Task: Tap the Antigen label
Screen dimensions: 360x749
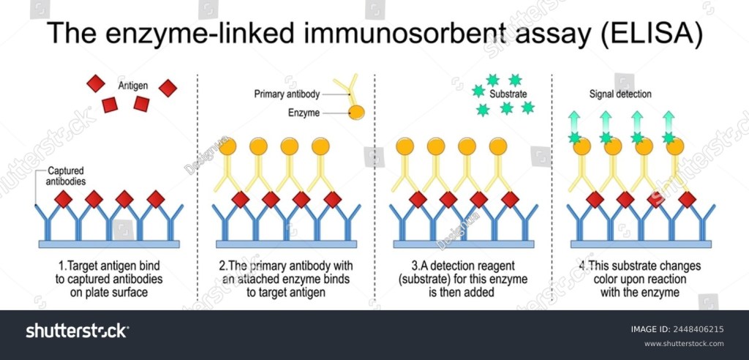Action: pyautogui.click(x=133, y=86)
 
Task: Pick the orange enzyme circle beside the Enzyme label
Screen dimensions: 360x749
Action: pyautogui.click(x=356, y=112)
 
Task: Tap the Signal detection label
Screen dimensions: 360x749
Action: pyautogui.click(x=620, y=94)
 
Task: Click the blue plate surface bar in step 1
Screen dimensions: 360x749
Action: pyautogui.click(x=107, y=243)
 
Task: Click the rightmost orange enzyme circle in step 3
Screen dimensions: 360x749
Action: pyautogui.click(x=498, y=146)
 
